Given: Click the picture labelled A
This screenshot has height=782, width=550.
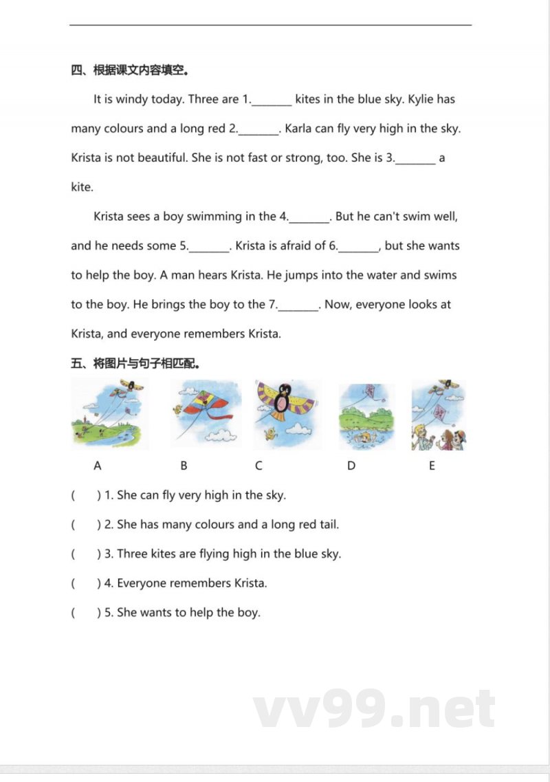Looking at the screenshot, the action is tap(109, 413).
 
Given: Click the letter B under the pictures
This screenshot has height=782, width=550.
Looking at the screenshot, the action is tap(184, 466).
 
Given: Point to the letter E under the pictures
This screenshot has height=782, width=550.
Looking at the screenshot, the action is tap(432, 466).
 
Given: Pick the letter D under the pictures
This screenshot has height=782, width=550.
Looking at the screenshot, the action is tap(351, 466).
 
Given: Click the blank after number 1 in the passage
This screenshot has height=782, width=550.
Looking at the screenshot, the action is tap(272, 100).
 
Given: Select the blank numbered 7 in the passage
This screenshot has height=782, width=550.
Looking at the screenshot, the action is tap(300, 306).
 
